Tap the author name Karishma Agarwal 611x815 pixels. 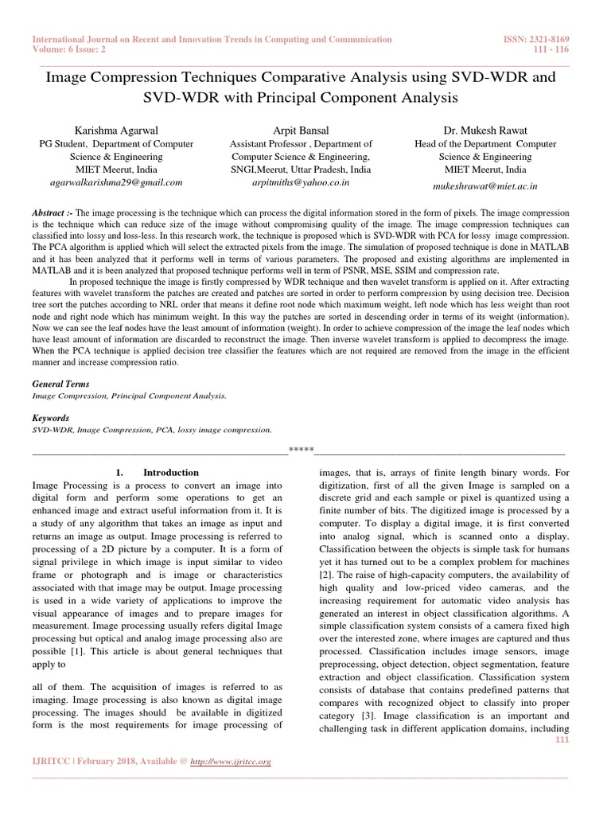click(x=116, y=130)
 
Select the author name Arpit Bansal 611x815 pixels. click(x=300, y=130)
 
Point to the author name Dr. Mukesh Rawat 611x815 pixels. click(x=485, y=130)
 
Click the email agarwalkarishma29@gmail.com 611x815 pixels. click(x=116, y=182)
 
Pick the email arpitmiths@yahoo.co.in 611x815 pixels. click(x=300, y=182)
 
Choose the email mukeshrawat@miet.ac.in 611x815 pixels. click(x=485, y=186)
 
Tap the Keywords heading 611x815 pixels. click(x=50, y=418)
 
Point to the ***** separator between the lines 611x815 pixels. click(x=301, y=450)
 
